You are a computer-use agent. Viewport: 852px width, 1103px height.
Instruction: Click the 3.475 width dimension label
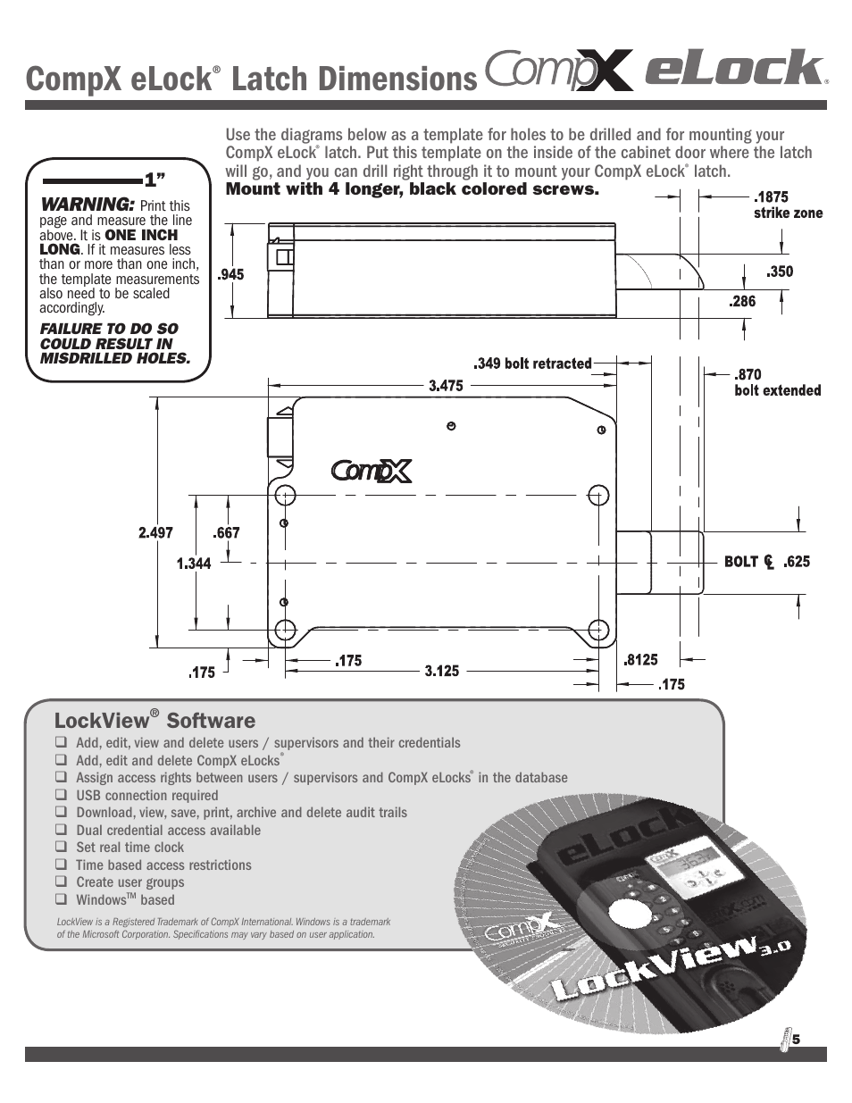pyautogui.click(x=446, y=386)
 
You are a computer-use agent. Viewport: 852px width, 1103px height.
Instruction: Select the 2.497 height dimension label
pyautogui.click(x=155, y=533)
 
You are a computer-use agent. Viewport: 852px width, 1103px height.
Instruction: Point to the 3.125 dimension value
pyautogui.click(x=441, y=670)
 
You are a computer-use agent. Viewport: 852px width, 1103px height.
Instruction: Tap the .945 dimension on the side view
pyautogui.click(x=230, y=275)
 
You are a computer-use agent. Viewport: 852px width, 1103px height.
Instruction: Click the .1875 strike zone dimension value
pyautogui.click(x=772, y=197)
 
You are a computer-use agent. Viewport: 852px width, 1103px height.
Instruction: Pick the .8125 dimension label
pyautogui.click(x=640, y=660)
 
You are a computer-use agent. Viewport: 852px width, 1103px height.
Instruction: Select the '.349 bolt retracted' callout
pyautogui.click(x=532, y=363)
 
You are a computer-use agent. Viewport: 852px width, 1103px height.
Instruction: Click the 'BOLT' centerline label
pyautogui.click(x=741, y=562)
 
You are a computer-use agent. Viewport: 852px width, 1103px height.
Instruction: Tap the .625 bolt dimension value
pyautogui.click(x=797, y=562)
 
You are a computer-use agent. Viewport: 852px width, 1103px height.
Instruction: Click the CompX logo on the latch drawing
pyautogui.click(x=372, y=470)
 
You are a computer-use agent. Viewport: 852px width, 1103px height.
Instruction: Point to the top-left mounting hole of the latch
pyautogui.click(x=286, y=496)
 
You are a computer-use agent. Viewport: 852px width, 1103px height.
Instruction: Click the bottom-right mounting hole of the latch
pyautogui.click(x=599, y=629)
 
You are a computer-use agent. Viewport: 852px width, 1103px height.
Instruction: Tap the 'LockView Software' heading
pyautogui.click(x=155, y=721)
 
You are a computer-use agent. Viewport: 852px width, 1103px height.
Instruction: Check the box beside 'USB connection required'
pyautogui.click(x=61, y=794)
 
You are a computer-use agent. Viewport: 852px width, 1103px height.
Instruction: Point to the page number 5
pyautogui.click(x=796, y=1039)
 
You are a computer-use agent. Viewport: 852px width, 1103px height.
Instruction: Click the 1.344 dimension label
pyautogui.click(x=194, y=564)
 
